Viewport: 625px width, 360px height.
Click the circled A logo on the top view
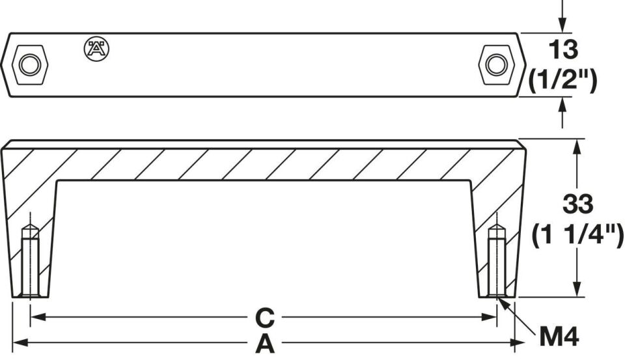(96, 49)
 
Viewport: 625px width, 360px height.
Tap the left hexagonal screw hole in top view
(30, 64)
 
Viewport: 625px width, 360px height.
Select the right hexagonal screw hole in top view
(497, 64)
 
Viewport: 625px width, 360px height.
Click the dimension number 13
(563, 49)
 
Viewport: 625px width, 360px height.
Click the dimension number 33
(577, 204)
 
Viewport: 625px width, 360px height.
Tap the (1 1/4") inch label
(578, 235)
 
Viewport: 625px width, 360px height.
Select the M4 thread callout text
(559, 336)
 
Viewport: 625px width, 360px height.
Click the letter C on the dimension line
(265, 317)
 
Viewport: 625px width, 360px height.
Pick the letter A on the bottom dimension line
(265, 344)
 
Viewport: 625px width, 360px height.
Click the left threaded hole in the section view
(31, 261)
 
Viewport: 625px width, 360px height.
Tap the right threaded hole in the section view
(497, 261)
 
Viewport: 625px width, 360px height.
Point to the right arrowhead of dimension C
(489, 317)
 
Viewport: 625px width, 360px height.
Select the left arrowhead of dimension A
(20, 342)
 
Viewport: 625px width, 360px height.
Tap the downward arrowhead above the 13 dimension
(562, 25)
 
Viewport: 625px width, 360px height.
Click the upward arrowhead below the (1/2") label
(562, 105)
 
